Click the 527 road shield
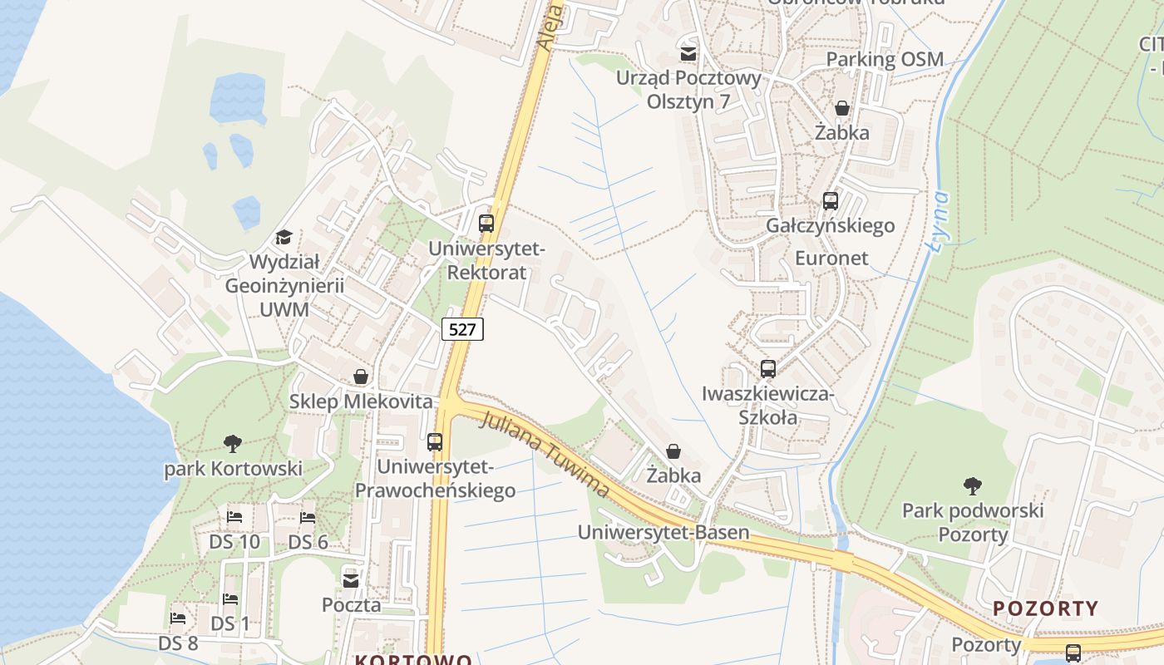coord(461,329)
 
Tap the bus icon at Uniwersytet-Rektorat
coord(486,223)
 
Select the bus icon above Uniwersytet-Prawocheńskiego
coord(435,441)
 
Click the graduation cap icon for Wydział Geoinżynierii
coord(284,238)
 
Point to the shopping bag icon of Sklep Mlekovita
coord(361,377)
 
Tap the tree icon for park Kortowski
coord(233,444)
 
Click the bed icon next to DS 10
coord(234,517)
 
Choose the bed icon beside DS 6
coord(308,517)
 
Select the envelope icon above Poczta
coord(351,579)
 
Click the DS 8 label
coord(178,643)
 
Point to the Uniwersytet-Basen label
coord(663,532)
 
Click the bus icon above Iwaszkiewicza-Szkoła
coord(768,368)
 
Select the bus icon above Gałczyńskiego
coord(830,200)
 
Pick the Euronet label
coord(831,258)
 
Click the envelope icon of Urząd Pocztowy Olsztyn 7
coord(688,54)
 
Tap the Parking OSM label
coord(885,59)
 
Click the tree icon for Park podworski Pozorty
coord(972,485)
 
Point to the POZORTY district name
coord(1046,608)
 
